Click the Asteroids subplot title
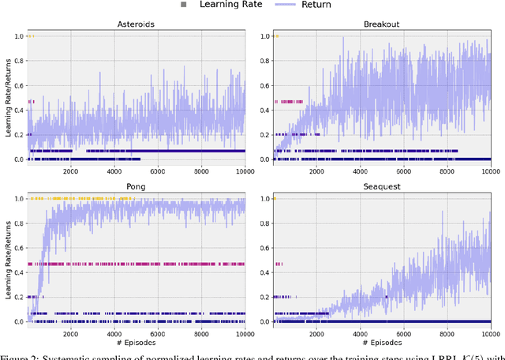(x=136, y=24)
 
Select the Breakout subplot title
(x=381, y=24)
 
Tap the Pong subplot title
(x=136, y=187)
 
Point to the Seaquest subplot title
(x=381, y=187)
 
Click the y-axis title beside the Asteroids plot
(x=6, y=98)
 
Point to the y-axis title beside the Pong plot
(x=6, y=261)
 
